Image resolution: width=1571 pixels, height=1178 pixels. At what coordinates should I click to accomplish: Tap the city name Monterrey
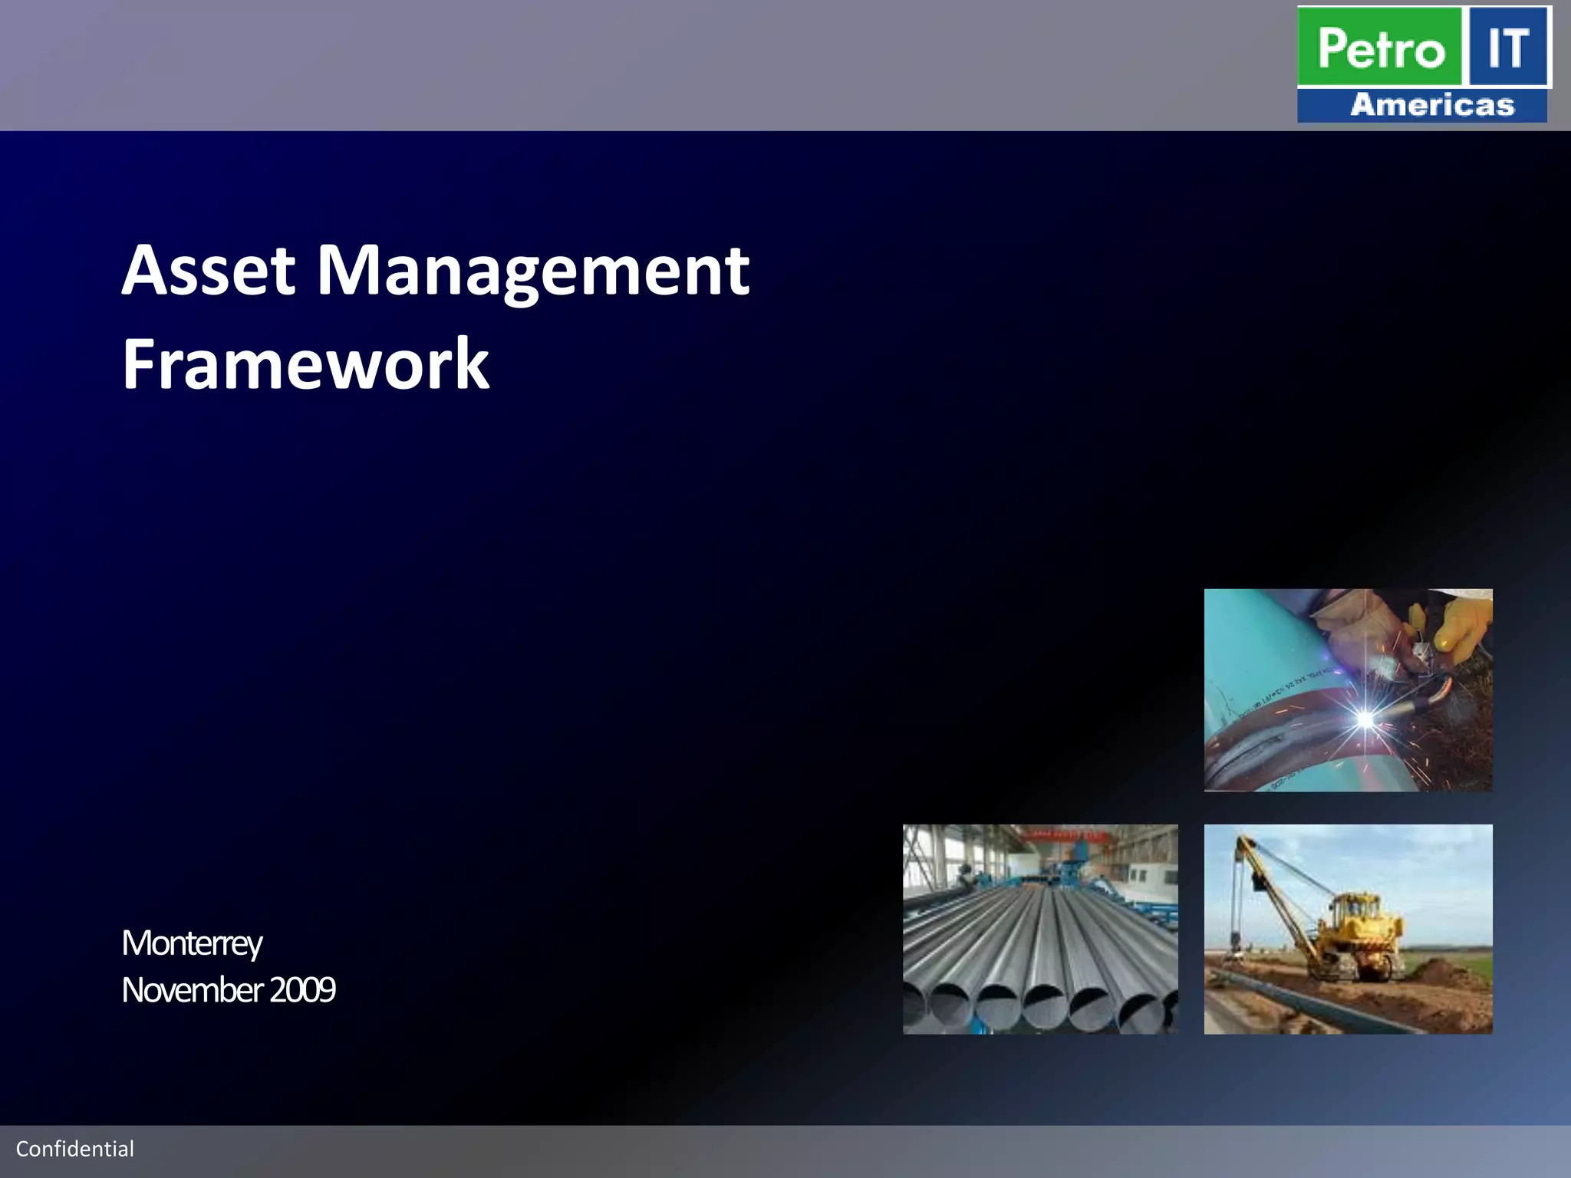(192, 943)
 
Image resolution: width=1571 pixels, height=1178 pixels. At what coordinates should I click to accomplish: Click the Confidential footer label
(75, 1149)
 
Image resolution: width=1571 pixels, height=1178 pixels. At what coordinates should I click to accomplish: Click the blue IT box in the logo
(1508, 48)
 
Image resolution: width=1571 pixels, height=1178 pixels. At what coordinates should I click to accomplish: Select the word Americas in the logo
(1431, 105)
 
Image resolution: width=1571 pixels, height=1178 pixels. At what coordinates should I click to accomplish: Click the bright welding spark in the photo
(1365, 719)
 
